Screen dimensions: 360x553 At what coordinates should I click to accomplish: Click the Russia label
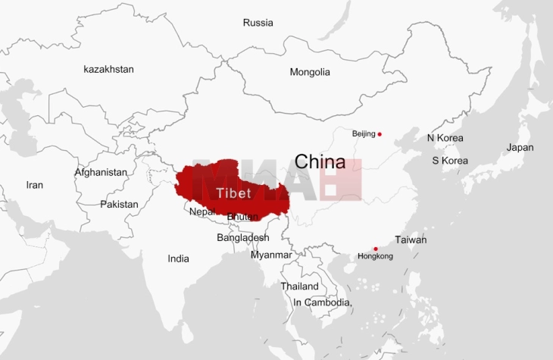pyautogui.click(x=258, y=23)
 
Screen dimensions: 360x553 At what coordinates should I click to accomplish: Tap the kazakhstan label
pyautogui.click(x=108, y=69)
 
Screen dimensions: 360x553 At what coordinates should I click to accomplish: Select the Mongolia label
pyautogui.click(x=310, y=72)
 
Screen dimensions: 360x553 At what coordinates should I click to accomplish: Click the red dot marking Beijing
pyautogui.click(x=380, y=134)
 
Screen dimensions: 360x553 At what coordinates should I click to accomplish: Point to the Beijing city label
pyautogui.click(x=364, y=134)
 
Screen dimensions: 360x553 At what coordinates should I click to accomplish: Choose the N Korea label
pyautogui.click(x=445, y=138)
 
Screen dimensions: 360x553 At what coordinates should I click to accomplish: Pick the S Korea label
pyautogui.click(x=450, y=161)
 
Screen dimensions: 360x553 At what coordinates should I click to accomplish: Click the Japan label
pyautogui.click(x=520, y=148)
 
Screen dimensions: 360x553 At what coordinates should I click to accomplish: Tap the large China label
pyautogui.click(x=320, y=161)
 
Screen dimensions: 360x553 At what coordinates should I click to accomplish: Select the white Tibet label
pyautogui.click(x=233, y=193)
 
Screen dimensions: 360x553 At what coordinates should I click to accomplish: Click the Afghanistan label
pyautogui.click(x=101, y=172)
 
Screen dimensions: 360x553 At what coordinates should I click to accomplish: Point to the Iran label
pyautogui.click(x=35, y=185)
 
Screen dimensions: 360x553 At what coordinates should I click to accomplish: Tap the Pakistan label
pyautogui.click(x=120, y=204)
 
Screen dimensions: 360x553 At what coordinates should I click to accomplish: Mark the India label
pyautogui.click(x=179, y=258)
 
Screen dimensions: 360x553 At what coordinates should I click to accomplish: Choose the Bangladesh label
pyautogui.click(x=242, y=237)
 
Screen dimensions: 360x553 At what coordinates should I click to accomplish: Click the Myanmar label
pyautogui.click(x=271, y=255)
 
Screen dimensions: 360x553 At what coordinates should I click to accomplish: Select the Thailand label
pyautogui.click(x=299, y=286)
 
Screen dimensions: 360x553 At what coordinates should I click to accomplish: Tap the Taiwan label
pyautogui.click(x=411, y=240)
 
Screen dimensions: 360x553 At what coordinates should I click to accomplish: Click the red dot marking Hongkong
pyautogui.click(x=376, y=249)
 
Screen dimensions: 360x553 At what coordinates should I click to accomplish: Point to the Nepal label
pyautogui.click(x=202, y=211)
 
